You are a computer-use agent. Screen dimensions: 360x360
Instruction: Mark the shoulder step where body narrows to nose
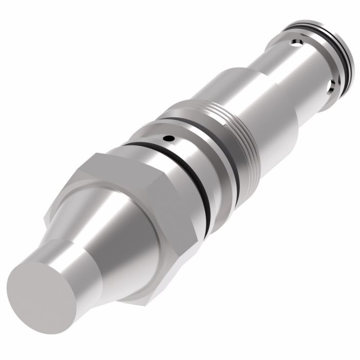point(262,77)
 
